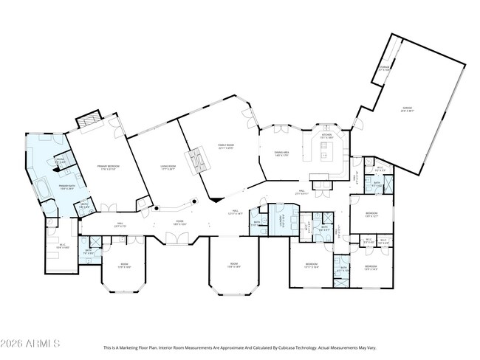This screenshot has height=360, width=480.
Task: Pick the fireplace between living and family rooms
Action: tap(197, 159)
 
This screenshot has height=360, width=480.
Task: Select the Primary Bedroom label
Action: tap(109, 167)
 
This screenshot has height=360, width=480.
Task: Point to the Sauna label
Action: tap(61, 160)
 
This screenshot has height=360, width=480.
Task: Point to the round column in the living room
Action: tap(193, 199)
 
